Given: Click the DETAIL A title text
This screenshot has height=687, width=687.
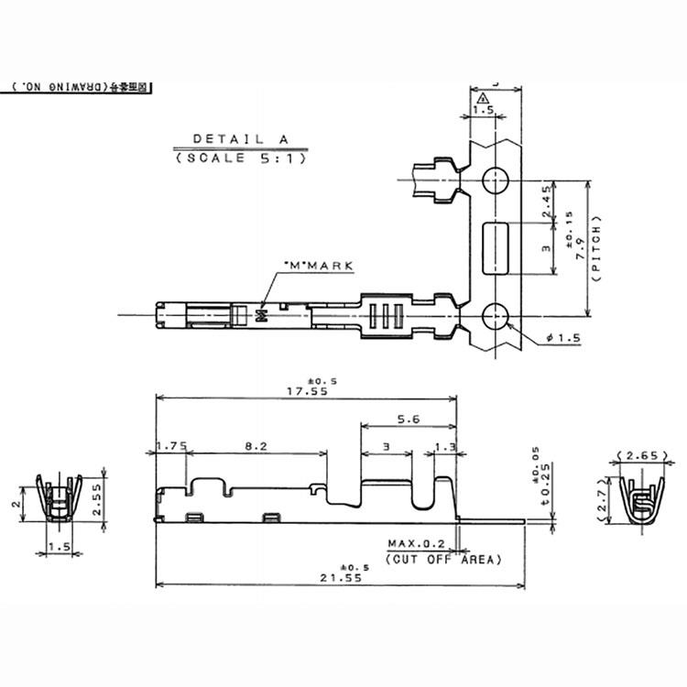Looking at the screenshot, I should (x=240, y=139).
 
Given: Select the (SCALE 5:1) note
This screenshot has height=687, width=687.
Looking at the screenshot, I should (x=240, y=158).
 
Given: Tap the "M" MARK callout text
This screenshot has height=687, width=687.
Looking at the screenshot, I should (x=318, y=266).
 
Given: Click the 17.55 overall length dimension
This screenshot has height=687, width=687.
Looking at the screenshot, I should (x=306, y=390).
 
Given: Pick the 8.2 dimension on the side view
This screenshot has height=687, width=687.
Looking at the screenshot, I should (x=256, y=446).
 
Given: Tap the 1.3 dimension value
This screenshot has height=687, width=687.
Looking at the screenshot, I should (x=444, y=446).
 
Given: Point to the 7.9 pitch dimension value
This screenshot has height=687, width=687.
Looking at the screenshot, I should (x=580, y=245).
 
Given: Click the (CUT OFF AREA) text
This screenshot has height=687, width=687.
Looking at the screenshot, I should (x=443, y=558).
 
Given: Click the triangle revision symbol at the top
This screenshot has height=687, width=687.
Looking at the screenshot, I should (x=484, y=97).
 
